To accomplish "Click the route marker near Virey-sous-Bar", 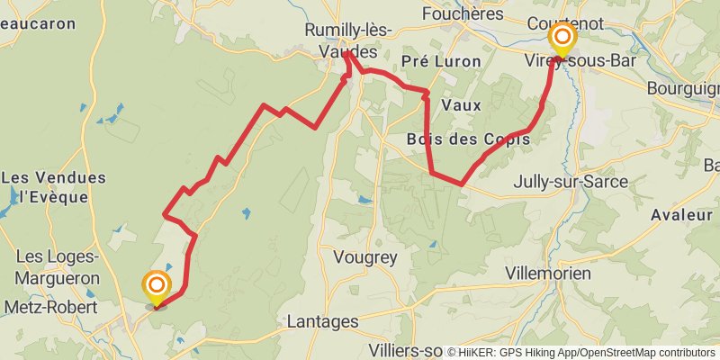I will click(x=563, y=38).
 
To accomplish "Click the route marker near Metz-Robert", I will click(x=157, y=287).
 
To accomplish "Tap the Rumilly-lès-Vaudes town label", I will click(x=347, y=41).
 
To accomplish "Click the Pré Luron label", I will click(x=441, y=61).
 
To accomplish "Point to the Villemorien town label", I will click(x=548, y=273).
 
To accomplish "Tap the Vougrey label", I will click(x=364, y=257).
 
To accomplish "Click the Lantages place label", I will click(x=322, y=321).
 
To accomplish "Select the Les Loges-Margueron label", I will click(x=57, y=268).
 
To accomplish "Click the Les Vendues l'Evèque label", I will click(x=54, y=186).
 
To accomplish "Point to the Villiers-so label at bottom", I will click(x=406, y=349).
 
